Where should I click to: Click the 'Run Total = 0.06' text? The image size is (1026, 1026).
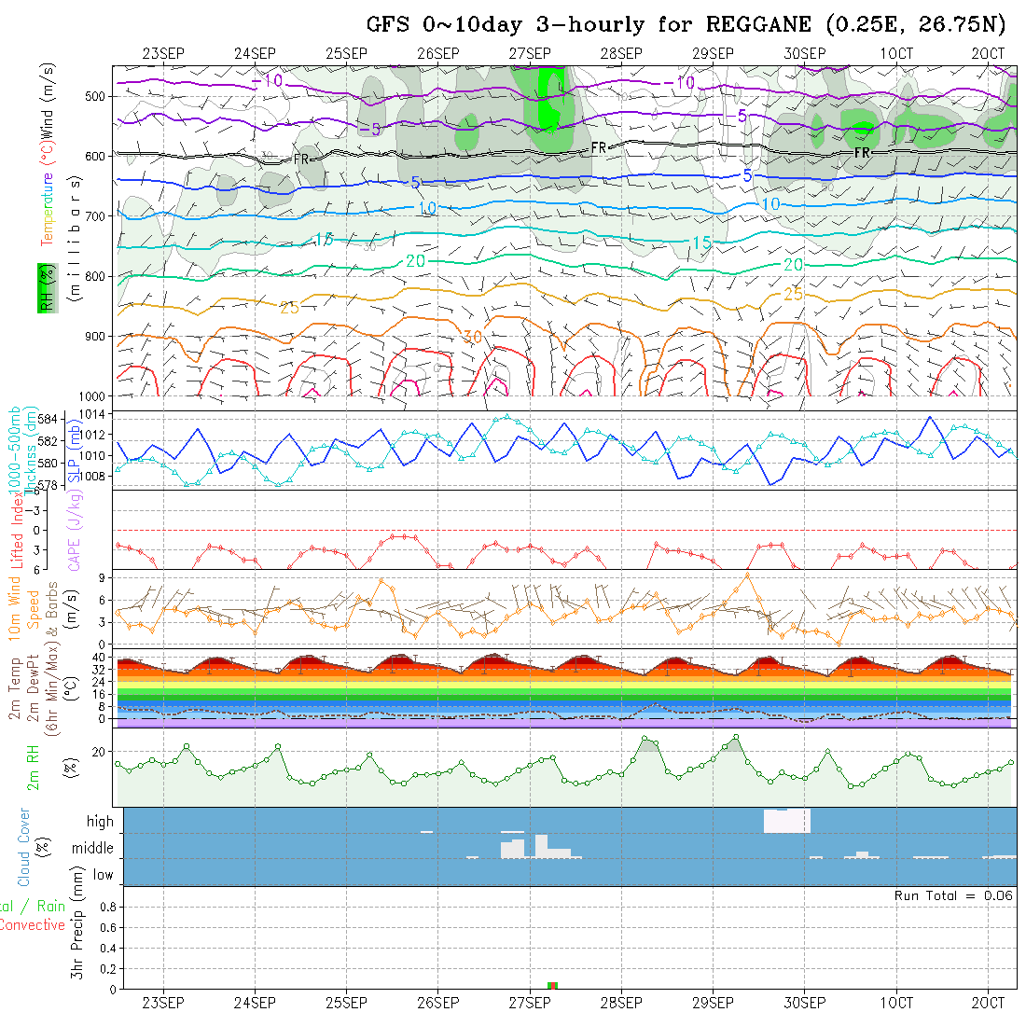point(953,895)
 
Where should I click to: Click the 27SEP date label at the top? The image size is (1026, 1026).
point(529,53)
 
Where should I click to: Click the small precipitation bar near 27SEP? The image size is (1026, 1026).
point(552,985)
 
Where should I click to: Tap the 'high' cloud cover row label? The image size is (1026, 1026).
point(100,822)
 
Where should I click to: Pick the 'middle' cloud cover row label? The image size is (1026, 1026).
point(93,849)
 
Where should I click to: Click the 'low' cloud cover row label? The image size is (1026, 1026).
point(103,875)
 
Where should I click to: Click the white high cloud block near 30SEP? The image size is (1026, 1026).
point(786,821)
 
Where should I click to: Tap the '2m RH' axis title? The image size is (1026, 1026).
point(33,767)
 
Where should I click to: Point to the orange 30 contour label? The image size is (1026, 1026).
point(472,336)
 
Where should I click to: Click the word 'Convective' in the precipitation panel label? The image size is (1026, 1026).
point(32,925)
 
